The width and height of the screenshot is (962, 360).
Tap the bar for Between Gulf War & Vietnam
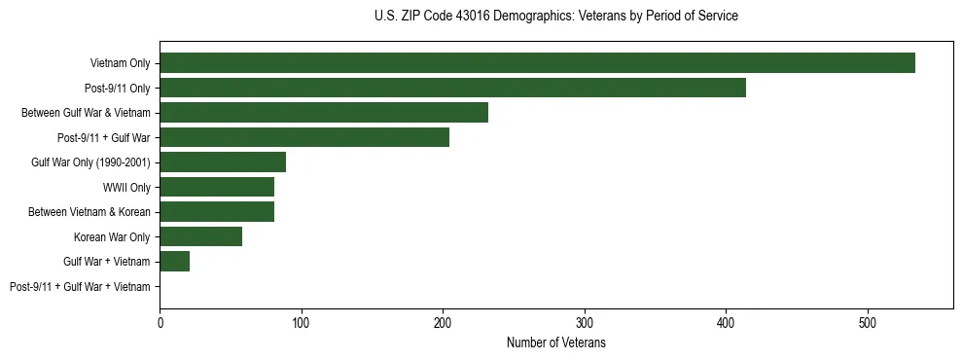[324, 113]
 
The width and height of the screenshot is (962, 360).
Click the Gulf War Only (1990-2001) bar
[223, 162]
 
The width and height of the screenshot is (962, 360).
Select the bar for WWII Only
[217, 187]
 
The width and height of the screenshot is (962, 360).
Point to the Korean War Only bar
[200, 236]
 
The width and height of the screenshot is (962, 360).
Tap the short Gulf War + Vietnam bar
[175, 262]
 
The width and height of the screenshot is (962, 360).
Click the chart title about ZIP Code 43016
[555, 17]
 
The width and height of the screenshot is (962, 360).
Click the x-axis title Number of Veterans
[555, 343]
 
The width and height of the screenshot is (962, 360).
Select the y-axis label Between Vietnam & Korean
[89, 212]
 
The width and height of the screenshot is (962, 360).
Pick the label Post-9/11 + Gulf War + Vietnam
[80, 287]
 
